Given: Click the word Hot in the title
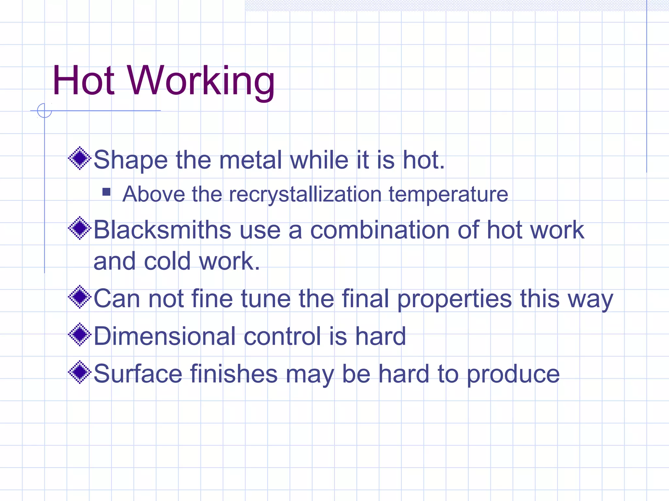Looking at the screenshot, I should [x=83, y=81].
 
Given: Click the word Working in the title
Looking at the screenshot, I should [x=201, y=82].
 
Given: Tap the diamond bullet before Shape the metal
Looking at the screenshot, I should [x=79, y=159].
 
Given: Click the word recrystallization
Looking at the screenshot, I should [x=305, y=195].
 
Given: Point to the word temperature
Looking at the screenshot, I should [x=448, y=195].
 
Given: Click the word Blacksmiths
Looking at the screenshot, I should [x=162, y=230].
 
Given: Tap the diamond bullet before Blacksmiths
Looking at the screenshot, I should [x=79, y=228].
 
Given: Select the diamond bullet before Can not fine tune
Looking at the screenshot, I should [x=79, y=297].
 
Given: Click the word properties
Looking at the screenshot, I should [x=454, y=299].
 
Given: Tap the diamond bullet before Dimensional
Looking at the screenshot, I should [x=79, y=334].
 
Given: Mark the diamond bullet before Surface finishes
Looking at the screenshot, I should [x=79, y=372].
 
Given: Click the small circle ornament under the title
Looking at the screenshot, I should [x=44, y=110].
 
